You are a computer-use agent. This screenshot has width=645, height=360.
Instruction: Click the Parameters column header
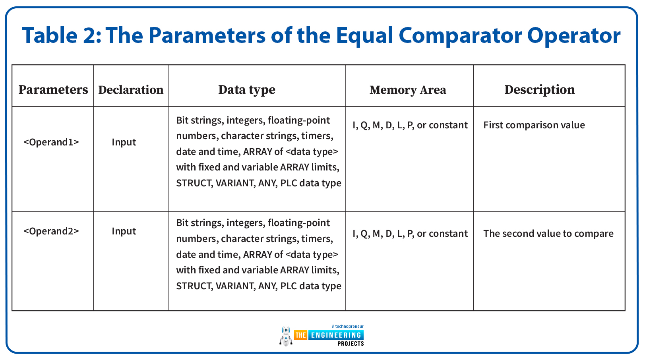pos(53,89)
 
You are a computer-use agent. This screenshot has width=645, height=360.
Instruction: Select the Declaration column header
pos(131,90)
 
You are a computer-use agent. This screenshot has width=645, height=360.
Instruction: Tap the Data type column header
pos(247,90)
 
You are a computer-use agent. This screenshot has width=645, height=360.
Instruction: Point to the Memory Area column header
pos(408,90)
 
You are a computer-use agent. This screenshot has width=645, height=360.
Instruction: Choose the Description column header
pos(540,90)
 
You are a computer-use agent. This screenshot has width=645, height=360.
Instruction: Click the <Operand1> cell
pos(51,142)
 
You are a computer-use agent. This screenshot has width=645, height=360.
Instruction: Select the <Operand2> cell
pos(51,231)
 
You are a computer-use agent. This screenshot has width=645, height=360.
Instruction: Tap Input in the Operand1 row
pos(124,142)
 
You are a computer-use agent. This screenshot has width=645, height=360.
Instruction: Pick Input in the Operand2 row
pos(124,231)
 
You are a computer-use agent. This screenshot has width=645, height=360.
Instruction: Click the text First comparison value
pos(534,125)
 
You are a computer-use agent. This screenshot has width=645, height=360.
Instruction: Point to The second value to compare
pos(548,234)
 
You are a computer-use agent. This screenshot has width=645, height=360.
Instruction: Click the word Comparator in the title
pos(460,36)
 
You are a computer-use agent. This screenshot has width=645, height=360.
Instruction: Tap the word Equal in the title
pos(364,36)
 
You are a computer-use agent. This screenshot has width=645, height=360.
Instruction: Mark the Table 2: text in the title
pos(62,35)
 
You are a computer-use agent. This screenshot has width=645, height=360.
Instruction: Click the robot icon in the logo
pos(286,335)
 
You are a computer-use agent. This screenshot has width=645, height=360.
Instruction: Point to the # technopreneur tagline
pos(348,326)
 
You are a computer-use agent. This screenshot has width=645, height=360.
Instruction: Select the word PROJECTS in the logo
pos(351,344)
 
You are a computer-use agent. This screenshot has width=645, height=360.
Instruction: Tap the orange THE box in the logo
pos(300,335)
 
